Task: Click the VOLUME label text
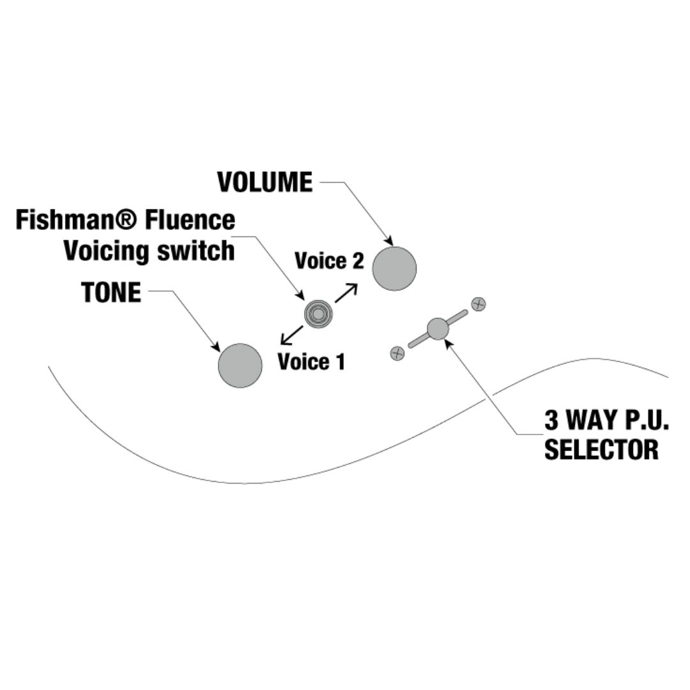click(264, 183)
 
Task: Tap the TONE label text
click(111, 293)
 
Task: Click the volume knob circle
click(394, 268)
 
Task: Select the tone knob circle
click(240, 365)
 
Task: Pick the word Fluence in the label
click(190, 220)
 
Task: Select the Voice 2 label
click(328, 261)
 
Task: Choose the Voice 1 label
click(311, 362)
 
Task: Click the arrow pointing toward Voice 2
click(346, 293)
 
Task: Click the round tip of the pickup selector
click(438, 328)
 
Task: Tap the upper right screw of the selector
click(478, 304)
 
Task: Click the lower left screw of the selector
click(397, 353)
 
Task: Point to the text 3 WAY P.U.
click(606, 421)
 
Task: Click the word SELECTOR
click(601, 450)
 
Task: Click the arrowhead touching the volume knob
click(389, 241)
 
